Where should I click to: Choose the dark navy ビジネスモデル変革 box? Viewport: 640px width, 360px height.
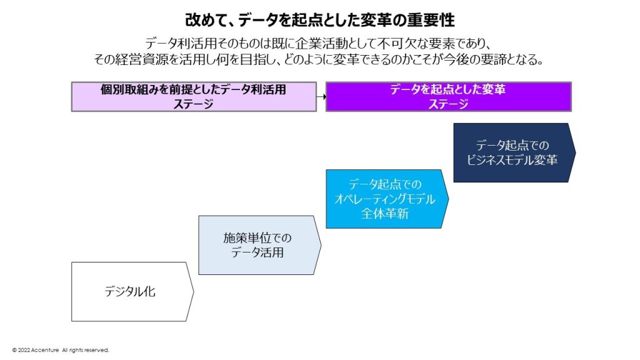pyautogui.click(x=512, y=152)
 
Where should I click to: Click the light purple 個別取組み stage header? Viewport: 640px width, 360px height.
pyautogui.click(x=194, y=96)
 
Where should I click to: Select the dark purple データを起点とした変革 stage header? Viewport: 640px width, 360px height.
pyautogui.click(x=448, y=96)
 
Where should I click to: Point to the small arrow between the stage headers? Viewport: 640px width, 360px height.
pyautogui.click(x=321, y=97)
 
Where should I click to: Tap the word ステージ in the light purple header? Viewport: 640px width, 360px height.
pyautogui.click(x=194, y=104)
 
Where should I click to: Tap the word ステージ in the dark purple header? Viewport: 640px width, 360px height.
pyautogui.click(x=448, y=104)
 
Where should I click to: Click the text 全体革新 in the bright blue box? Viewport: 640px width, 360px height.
pyautogui.click(x=384, y=213)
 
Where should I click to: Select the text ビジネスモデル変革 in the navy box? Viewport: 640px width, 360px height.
pyautogui.click(x=512, y=160)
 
